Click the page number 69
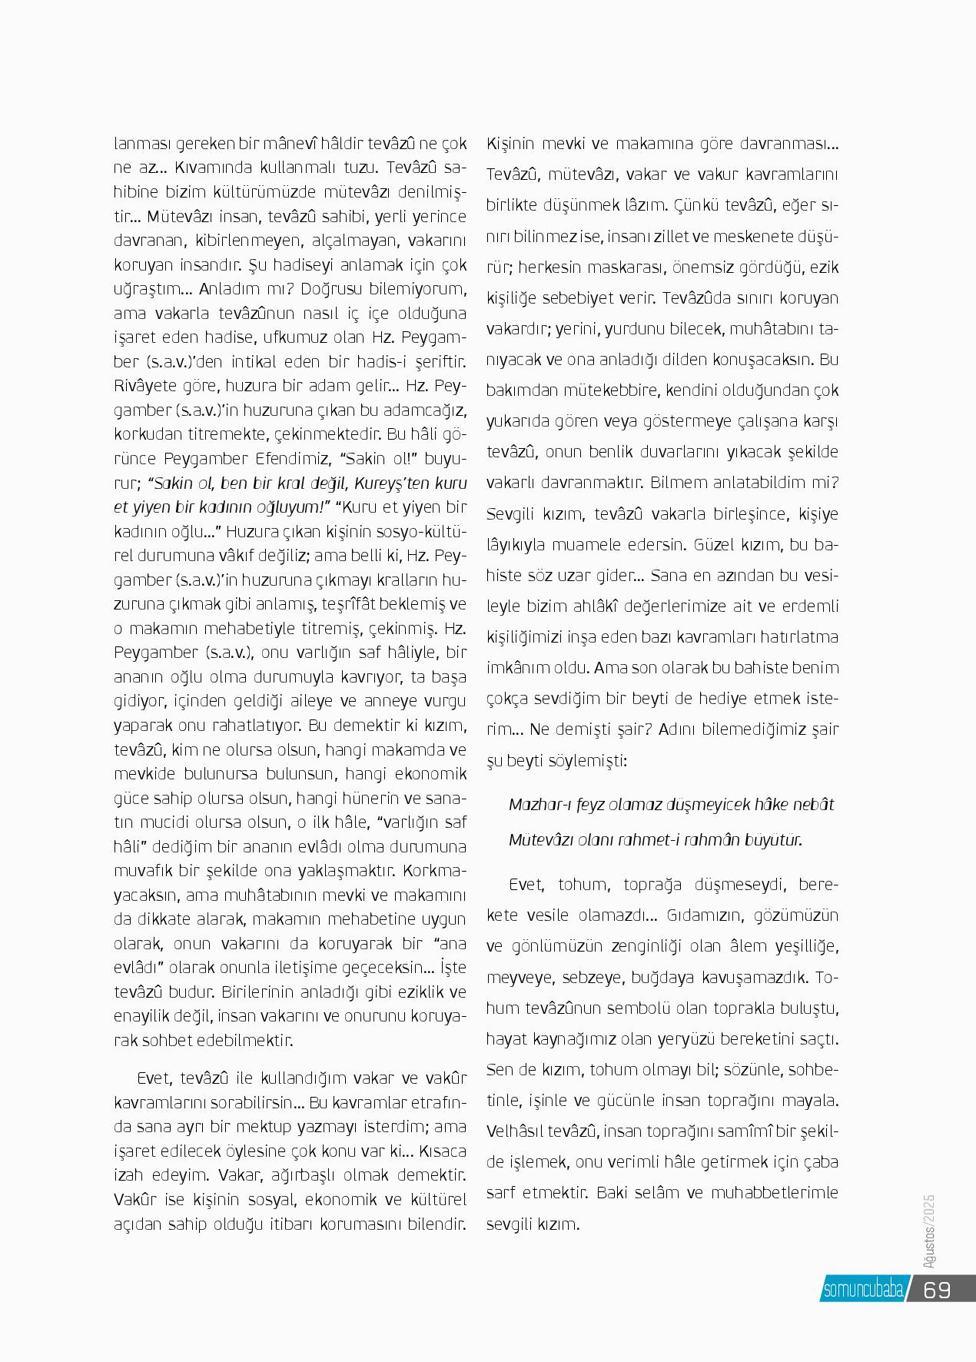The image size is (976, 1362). click(937, 1289)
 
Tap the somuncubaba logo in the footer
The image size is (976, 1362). click(861, 1290)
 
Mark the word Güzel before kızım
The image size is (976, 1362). click(719, 544)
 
